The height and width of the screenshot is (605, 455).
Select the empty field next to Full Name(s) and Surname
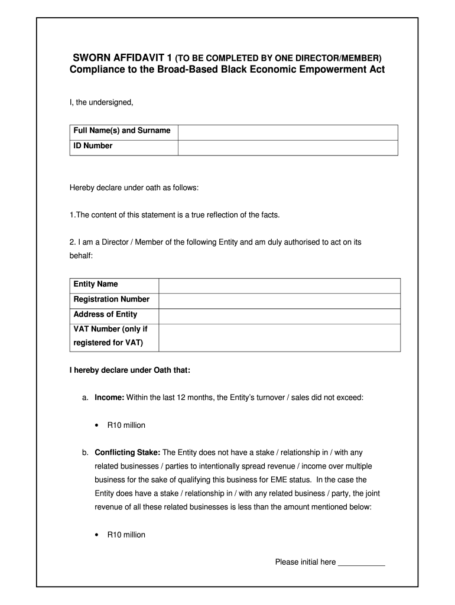pyautogui.click(x=287, y=132)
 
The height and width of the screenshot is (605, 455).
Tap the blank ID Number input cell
pyautogui.click(x=287, y=147)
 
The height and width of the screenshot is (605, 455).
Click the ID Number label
pyautogui.click(x=93, y=146)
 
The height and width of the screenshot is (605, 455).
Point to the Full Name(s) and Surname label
pyautogui.click(x=122, y=131)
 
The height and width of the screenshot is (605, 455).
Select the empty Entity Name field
pyautogui.click(x=279, y=285)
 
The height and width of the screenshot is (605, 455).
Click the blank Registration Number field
pyautogui.click(x=279, y=301)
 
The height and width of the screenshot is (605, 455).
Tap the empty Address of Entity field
pyautogui.click(x=279, y=316)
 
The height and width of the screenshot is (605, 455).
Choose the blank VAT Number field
pyautogui.click(x=279, y=337)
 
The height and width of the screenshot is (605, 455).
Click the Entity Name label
pyautogui.click(x=96, y=284)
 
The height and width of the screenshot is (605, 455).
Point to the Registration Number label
pyautogui.click(x=112, y=300)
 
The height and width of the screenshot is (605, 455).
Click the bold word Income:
pyautogui.click(x=109, y=398)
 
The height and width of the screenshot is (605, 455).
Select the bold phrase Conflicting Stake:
pyautogui.click(x=127, y=453)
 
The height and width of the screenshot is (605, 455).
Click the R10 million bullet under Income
pyautogui.click(x=126, y=425)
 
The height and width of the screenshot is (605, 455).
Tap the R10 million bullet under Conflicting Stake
pyautogui.click(x=126, y=535)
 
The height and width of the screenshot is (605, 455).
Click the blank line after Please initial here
pyautogui.click(x=361, y=563)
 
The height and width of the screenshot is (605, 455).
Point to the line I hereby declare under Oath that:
pyautogui.click(x=130, y=371)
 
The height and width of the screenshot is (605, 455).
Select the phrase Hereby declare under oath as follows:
pyautogui.click(x=134, y=188)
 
